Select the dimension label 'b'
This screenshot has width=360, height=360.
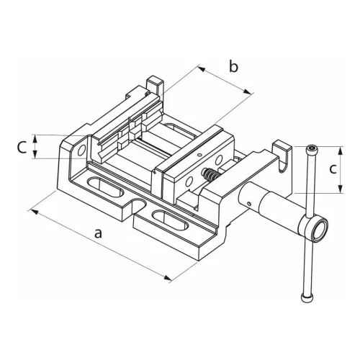coord(233,68)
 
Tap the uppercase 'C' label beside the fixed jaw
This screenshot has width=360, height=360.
coord(22,147)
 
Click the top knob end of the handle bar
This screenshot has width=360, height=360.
coord(310,150)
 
